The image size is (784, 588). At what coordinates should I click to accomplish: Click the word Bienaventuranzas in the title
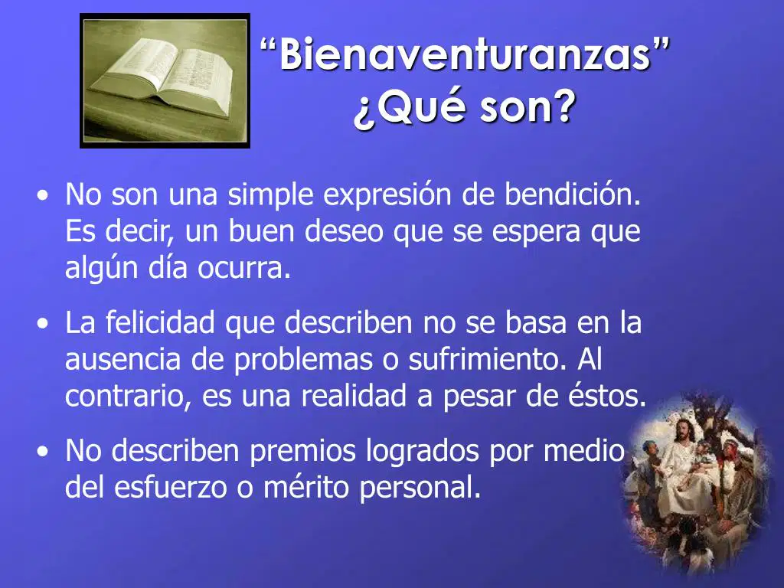[x=465, y=54]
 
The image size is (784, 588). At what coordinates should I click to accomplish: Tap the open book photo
[x=165, y=80]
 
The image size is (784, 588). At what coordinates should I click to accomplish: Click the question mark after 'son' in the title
[x=562, y=106]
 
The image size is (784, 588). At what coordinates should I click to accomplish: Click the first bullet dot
[x=44, y=195]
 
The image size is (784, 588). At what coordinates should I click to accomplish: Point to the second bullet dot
[x=44, y=324]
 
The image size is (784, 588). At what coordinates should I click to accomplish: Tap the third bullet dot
[x=44, y=452]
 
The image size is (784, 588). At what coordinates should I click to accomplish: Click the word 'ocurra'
[x=243, y=269]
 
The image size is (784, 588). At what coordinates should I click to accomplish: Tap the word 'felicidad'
[x=160, y=322]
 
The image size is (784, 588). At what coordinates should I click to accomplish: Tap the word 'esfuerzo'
[x=171, y=487]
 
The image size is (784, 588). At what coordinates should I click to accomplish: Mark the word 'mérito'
[x=305, y=487]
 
